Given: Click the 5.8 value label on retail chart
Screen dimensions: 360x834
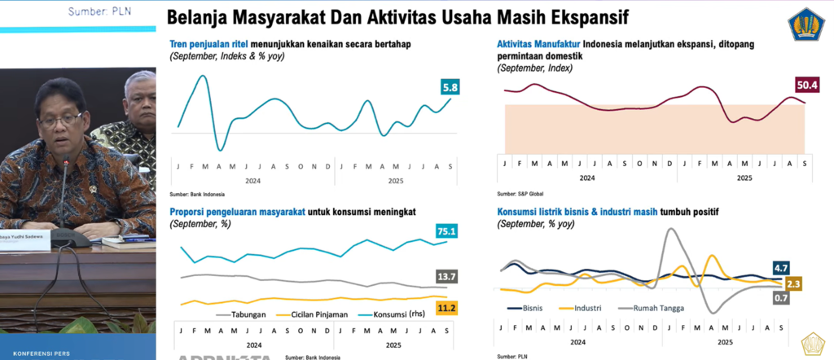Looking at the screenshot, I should coord(450,86).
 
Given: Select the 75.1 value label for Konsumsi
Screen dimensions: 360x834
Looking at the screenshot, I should coord(446,231).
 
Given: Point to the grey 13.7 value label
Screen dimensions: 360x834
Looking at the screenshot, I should coord(446,277).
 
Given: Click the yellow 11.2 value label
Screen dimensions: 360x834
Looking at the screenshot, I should coord(446,307).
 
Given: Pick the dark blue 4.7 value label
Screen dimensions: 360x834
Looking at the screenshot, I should coord(782,267).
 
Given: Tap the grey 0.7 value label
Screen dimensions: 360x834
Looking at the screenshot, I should coord(782,298).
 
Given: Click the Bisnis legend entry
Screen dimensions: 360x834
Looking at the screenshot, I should coord(529,308).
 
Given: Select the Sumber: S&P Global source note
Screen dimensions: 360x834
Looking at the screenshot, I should coord(519,193).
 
